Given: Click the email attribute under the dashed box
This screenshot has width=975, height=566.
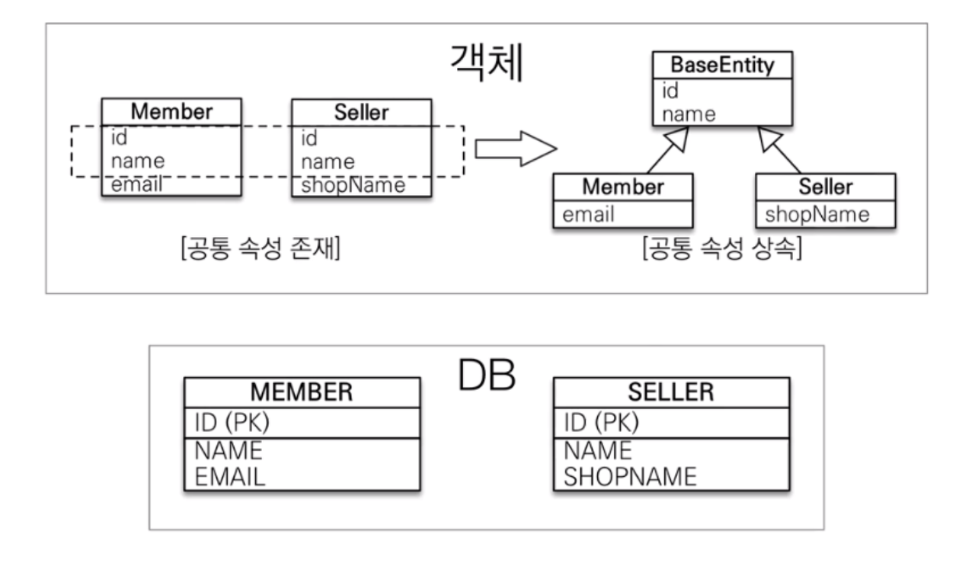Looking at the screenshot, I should [136, 184].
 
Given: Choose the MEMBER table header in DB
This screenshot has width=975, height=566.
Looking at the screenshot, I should [302, 392].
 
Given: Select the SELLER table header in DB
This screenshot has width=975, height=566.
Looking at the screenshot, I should [671, 392].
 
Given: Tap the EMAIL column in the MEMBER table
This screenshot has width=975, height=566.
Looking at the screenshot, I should [229, 476].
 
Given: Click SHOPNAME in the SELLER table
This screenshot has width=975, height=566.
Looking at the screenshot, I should [629, 476].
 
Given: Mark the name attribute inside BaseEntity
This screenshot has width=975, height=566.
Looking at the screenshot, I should [689, 114].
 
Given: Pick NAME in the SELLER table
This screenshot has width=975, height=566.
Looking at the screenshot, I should [598, 451].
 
